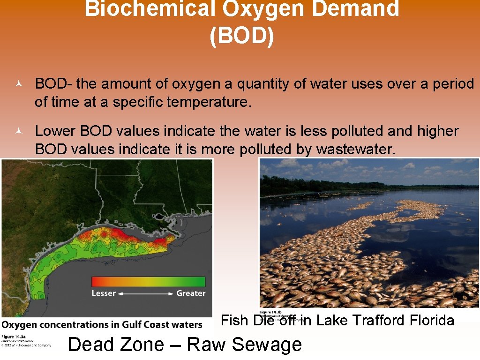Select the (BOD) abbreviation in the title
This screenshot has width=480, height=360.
tap(242, 36)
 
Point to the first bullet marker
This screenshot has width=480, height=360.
tap(18, 84)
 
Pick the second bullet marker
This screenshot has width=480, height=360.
tap(18, 131)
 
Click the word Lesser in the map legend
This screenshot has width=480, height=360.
tap(103, 293)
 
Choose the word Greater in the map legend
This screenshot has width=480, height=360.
tap(191, 293)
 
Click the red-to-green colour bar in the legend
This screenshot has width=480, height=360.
tap(148, 281)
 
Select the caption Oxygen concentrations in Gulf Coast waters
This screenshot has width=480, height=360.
tap(102, 324)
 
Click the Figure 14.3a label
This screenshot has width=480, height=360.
tap(14, 337)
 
